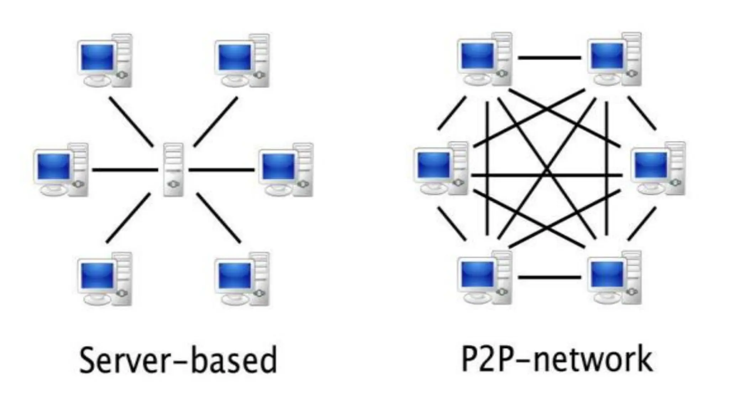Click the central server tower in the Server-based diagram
(x=173, y=169)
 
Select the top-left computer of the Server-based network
(x=104, y=61)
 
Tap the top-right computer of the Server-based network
(x=242, y=61)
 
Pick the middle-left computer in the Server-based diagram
(x=61, y=170)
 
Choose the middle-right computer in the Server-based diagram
(x=286, y=170)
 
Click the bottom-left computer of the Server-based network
(x=104, y=279)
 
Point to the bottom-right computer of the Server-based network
(x=242, y=279)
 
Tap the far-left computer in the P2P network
(x=441, y=168)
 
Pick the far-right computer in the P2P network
(x=658, y=168)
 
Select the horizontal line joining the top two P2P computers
(x=549, y=57)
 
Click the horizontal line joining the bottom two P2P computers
(x=549, y=277)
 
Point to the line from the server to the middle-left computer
(x=125, y=170)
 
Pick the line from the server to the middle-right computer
(x=221, y=170)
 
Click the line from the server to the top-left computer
(x=131, y=121)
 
